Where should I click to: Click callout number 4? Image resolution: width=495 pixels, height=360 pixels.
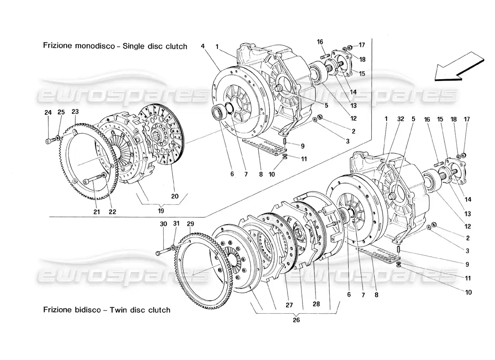[203, 46]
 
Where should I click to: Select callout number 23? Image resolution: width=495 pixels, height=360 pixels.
[75, 112]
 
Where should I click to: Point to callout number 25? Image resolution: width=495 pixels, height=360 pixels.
[61, 112]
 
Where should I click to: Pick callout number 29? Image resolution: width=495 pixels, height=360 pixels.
[190, 224]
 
